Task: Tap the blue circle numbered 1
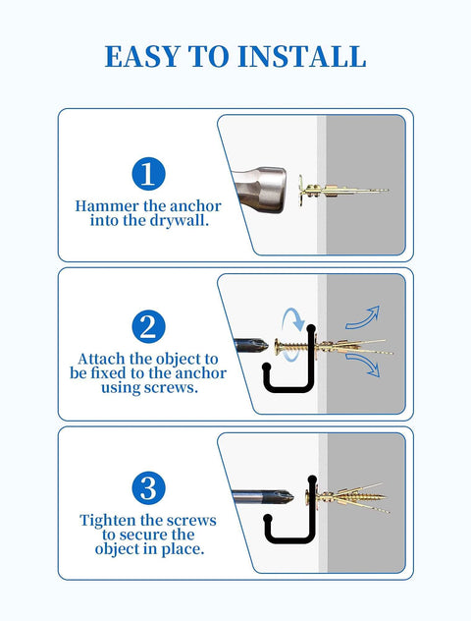coord(147,175)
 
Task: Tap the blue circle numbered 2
coord(147,327)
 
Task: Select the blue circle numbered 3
coord(147,488)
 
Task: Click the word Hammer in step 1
coord(107,207)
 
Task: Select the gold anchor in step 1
coord(343,189)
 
